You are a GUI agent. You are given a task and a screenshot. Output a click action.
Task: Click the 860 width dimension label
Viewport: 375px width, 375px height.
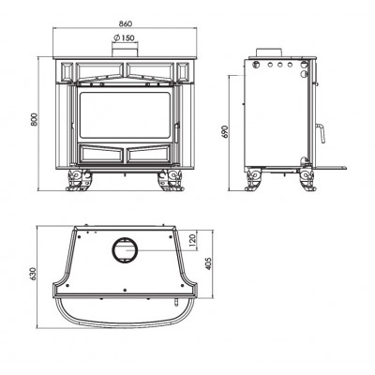tap(126, 23)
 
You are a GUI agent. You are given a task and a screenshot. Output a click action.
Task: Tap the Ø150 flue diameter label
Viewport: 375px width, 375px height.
tap(123, 37)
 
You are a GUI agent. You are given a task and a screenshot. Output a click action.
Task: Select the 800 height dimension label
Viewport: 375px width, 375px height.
tap(34, 119)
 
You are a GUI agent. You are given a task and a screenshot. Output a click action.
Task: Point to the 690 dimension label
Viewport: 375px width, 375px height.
tap(226, 132)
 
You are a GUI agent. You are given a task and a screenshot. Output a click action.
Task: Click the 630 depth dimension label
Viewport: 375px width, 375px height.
tap(34, 274)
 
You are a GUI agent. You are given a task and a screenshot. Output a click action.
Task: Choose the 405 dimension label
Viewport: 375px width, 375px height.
tap(209, 263)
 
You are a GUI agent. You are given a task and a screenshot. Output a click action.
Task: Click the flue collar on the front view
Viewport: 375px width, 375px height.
tap(125, 52)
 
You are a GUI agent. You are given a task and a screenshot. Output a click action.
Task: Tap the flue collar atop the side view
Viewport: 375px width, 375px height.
tap(269, 52)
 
